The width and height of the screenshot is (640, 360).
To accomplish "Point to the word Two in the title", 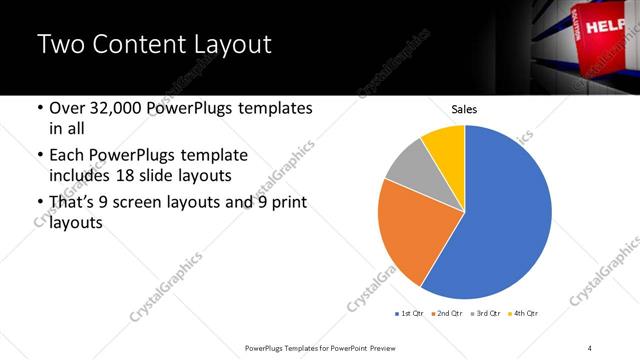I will pyautogui.click(x=60, y=45).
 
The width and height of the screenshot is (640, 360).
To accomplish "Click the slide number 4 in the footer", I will pyautogui.click(x=590, y=347).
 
